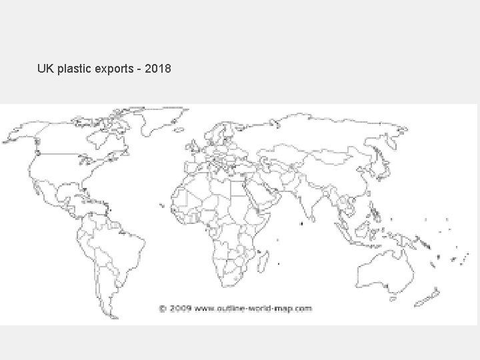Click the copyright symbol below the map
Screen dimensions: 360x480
click(x=163, y=309)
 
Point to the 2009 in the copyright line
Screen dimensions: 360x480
click(x=181, y=309)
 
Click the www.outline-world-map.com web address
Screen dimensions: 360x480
click(x=253, y=309)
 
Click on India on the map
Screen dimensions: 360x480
click(x=306, y=200)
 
